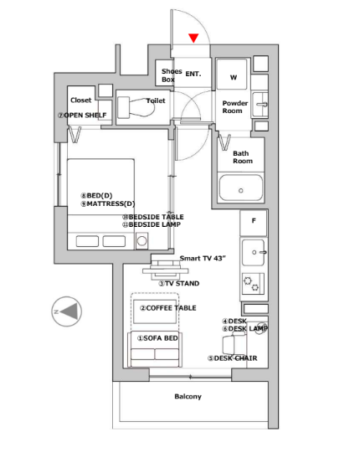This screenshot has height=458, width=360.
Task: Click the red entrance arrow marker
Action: (x=193, y=38)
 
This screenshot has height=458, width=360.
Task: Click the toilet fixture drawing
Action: (x=136, y=107)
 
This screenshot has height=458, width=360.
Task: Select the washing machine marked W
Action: (x=233, y=75)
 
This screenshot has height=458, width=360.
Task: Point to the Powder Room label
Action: (x=234, y=107)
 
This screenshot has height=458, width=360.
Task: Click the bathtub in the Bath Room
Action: (x=241, y=188)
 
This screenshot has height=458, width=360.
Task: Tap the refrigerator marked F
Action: (x=253, y=223)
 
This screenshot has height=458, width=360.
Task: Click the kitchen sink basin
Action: (x=254, y=252)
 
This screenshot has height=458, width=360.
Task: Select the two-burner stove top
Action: (x=253, y=283)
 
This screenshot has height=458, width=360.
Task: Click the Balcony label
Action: (x=188, y=396)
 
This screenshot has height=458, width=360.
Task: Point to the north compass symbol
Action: (x=67, y=311)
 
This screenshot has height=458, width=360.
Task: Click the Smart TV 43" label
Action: (x=203, y=258)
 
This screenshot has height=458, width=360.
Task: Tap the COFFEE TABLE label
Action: (x=168, y=308)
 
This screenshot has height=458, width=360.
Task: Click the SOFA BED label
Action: (x=157, y=338)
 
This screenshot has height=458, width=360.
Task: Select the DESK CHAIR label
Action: (x=233, y=358)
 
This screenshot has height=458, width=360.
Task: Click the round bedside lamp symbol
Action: (x=141, y=241)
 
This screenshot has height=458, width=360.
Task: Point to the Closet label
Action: (x=81, y=100)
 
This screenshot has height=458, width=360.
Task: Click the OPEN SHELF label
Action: (x=82, y=115)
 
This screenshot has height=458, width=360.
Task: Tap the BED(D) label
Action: (x=96, y=195)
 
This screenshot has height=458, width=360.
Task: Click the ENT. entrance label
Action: (x=193, y=74)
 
